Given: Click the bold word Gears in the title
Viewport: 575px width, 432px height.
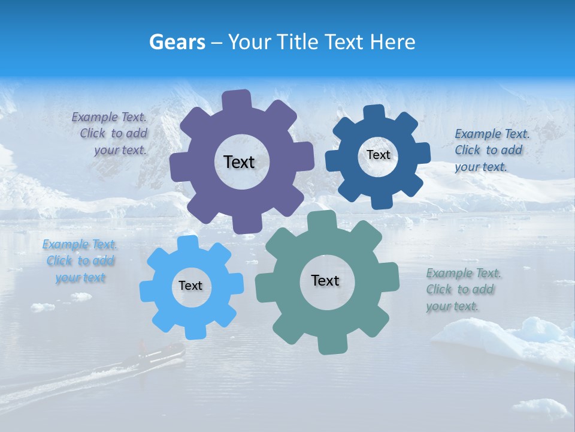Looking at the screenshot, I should click(177, 42).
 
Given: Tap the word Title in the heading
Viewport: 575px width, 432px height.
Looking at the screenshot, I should click(298, 42).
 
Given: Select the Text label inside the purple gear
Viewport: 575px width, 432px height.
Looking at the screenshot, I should click(239, 162).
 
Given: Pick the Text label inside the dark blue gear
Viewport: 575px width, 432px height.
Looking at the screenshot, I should click(378, 155).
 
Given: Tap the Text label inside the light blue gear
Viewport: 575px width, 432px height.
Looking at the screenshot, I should click(190, 286).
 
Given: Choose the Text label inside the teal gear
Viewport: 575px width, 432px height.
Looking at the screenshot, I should click(325, 280).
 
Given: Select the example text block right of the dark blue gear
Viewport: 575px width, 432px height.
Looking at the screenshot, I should click(492, 150).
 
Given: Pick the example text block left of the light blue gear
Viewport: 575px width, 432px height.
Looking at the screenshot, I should click(80, 261).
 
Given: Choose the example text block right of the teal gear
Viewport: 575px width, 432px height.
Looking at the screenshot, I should click(463, 290).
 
